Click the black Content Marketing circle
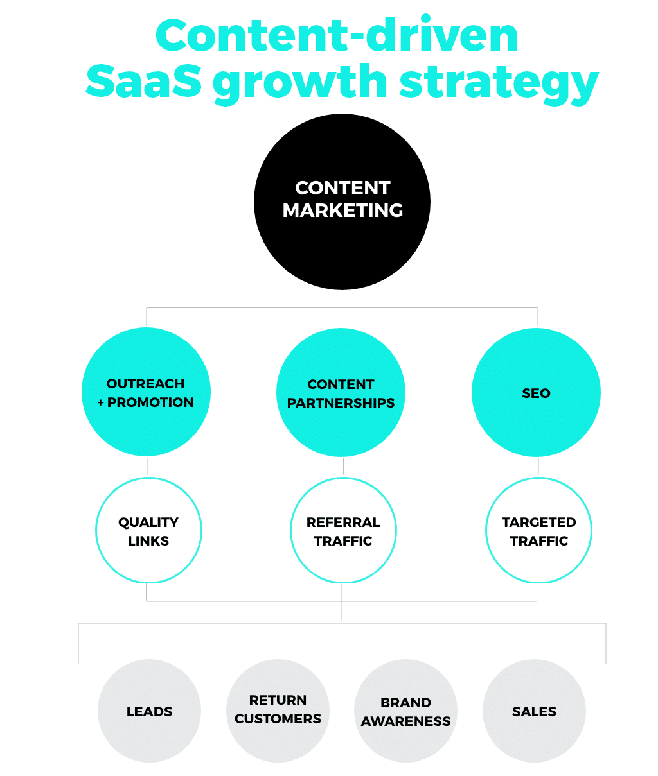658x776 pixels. tap(342, 202)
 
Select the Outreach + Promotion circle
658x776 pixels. tap(146, 392)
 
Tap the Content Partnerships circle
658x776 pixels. tap(341, 393)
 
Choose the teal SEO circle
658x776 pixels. tap(536, 393)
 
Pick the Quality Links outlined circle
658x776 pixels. tap(148, 531)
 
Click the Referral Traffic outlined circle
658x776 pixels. tap(343, 531)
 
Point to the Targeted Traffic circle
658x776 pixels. tap(538, 531)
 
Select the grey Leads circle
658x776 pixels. tap(149, 711)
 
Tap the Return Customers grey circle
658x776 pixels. tap(278, 710)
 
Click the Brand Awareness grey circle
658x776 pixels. tap(405, 712)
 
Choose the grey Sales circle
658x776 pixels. tap(534, 711)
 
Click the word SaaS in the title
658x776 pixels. tap(143, 82)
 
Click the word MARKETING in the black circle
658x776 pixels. tap(342, 211)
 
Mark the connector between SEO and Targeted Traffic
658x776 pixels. tap(538, 466)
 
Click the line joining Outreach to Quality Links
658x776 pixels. tap(148, 466)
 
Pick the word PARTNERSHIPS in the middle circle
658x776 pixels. tap(341, 403)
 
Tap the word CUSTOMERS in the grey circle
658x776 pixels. tap(278, 719)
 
